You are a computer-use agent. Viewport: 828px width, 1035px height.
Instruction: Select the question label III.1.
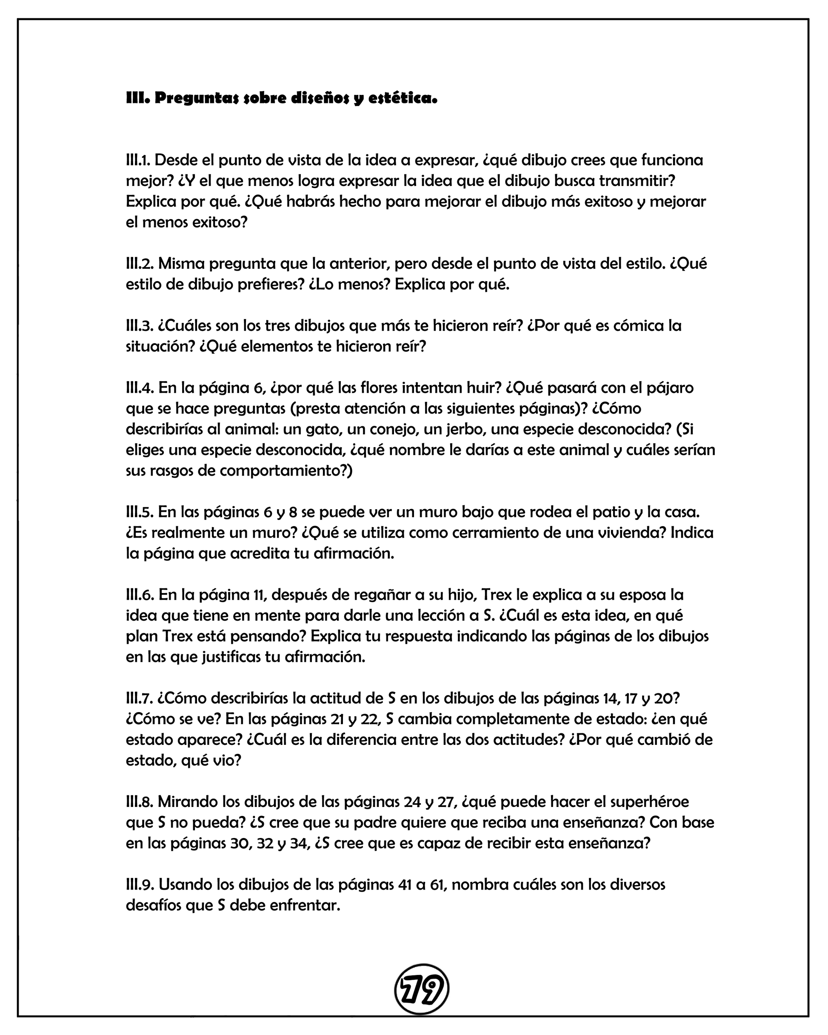[139, 160]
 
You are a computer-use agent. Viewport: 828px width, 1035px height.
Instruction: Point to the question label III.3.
[140, 325]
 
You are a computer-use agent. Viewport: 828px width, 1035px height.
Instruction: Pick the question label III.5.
[140, 512]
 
